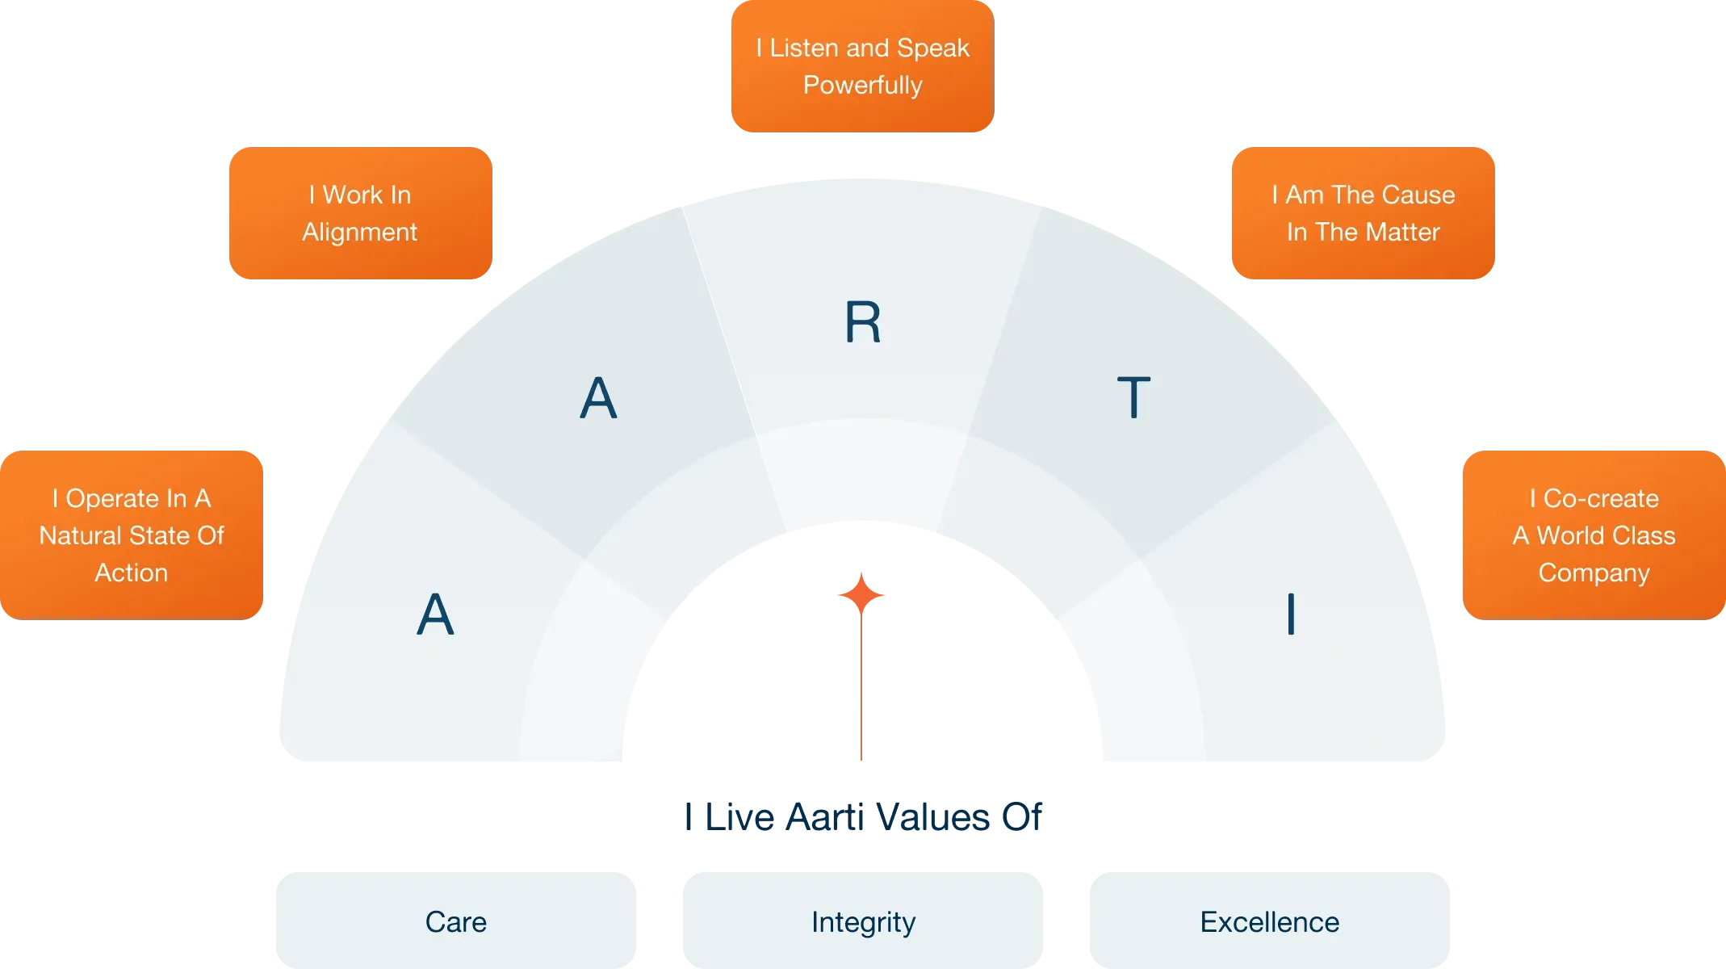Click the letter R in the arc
tap(862, 322)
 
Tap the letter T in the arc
tap(1133, 397)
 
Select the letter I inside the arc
tap(1291, 614)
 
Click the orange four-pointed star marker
tap(862, 595)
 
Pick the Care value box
tap(455, 921)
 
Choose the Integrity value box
tap(863, 921)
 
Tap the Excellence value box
tap(1269, 921)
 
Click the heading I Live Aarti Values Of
tap(862, 817)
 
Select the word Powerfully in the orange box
tap(862, 85)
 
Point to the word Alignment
tap(359, 232)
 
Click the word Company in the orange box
tap(1594, 573)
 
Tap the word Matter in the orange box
tap(1401, 232)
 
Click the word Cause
tap(1417, 195)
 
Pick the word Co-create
tap(1601, 498)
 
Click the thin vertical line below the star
tap(862, 686)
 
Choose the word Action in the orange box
tap(132, 573)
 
